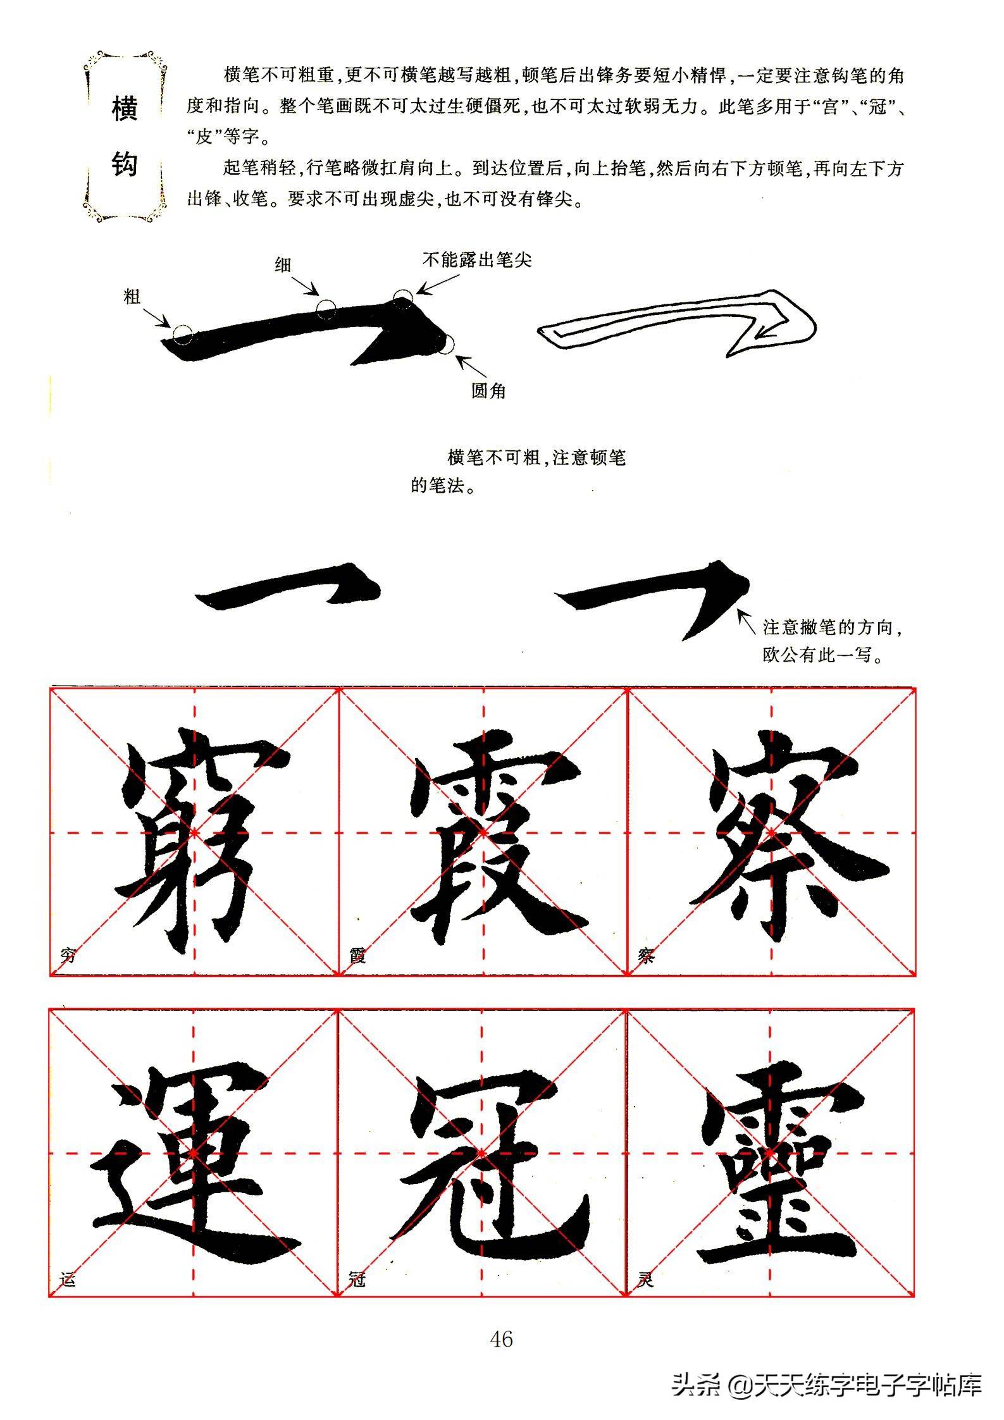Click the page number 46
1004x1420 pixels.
(x=501, y=1339)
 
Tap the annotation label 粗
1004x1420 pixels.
(x=132, y=297)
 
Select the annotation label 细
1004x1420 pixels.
(x=282, y=264)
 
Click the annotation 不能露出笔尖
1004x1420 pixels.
(x=478, y=259)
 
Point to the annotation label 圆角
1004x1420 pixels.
(x=488, y=390)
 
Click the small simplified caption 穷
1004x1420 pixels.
(x=68, y=955)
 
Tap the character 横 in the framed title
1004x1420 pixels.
(x=124, y=109)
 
